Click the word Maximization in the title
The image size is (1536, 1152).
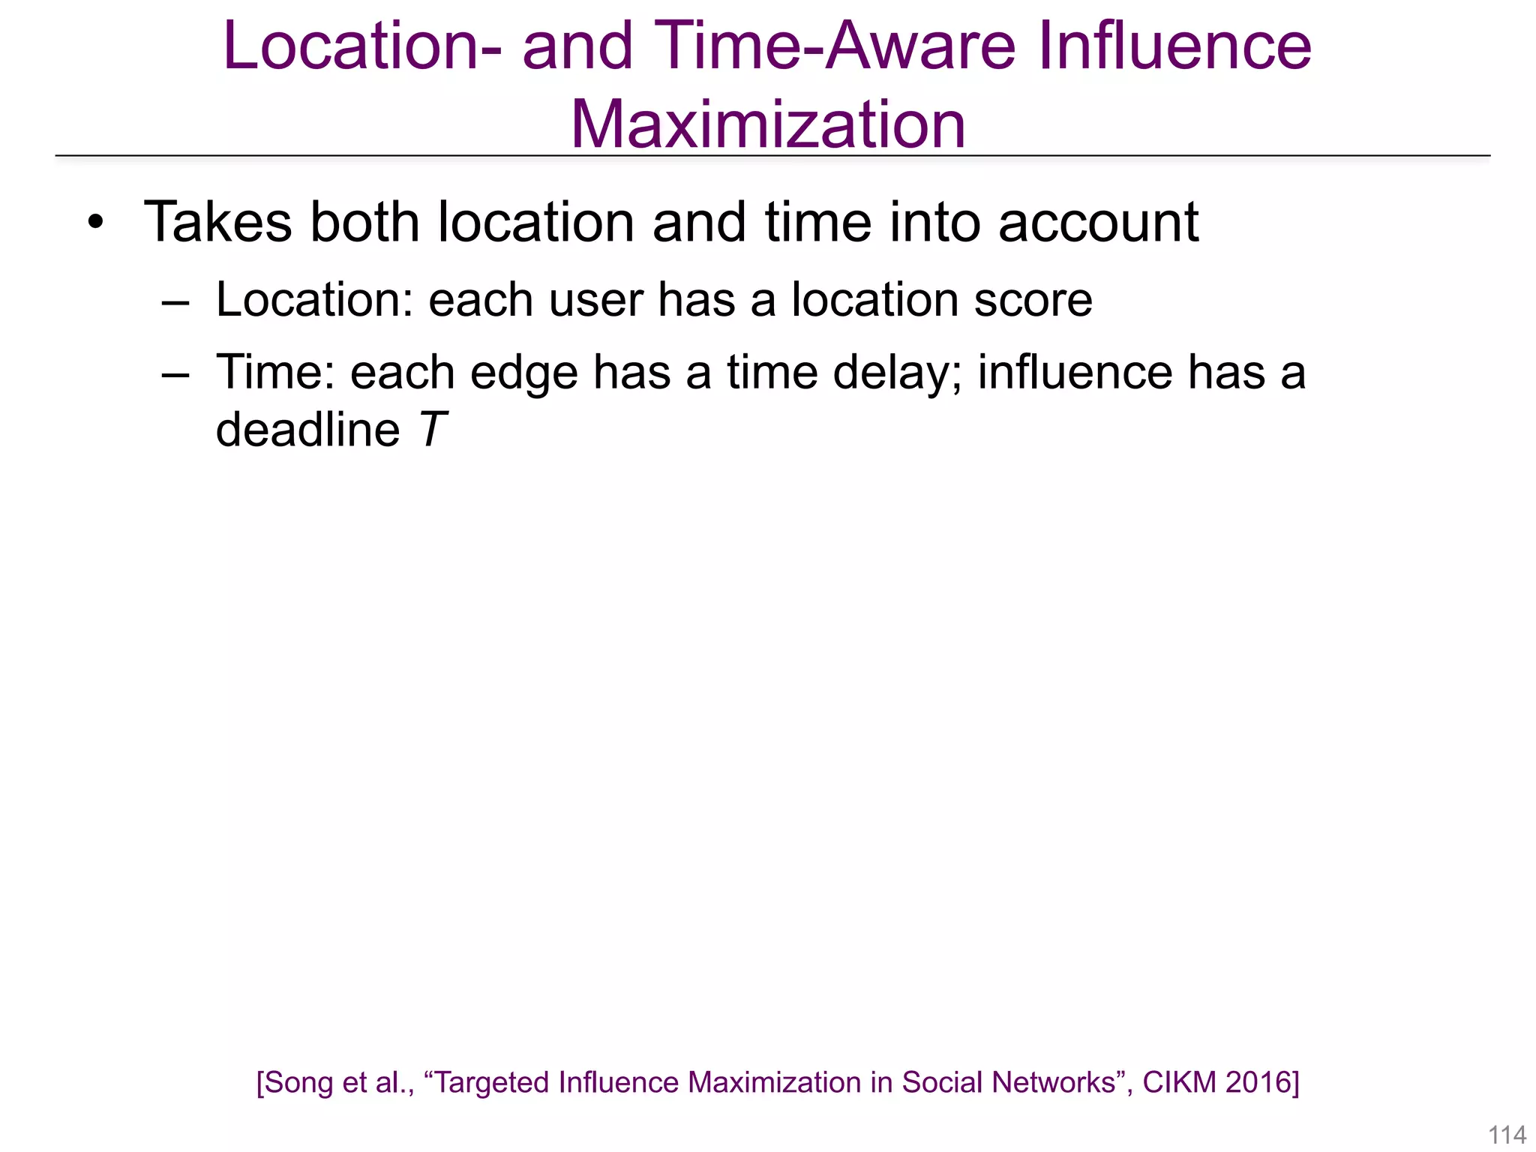click(x=768, y=124)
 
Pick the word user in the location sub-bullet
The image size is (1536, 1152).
click(x=595, y=301)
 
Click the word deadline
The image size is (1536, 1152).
click(x=308, y=430)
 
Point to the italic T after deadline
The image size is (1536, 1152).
click(x=432, y=430)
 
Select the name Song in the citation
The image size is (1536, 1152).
click(x=300, y=1083)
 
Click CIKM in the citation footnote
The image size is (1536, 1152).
click(x=1179, y=1083)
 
